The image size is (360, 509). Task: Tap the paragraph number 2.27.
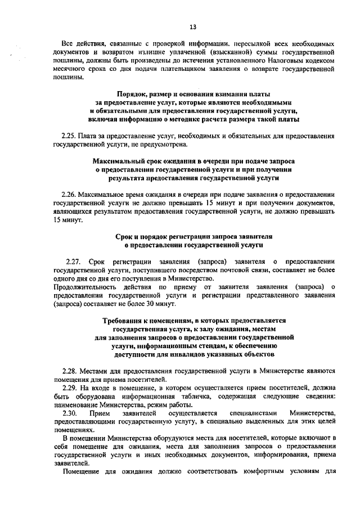tap(74, 262)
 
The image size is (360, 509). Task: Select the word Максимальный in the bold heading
tap(118, 161)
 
